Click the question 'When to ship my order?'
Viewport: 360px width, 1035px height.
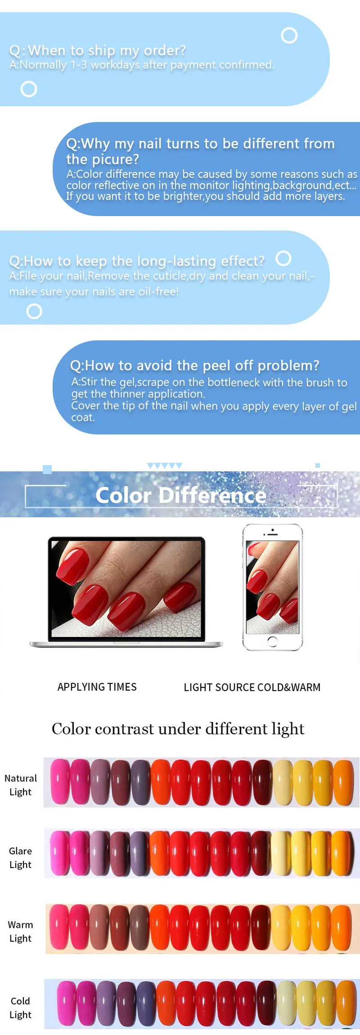(98, 50)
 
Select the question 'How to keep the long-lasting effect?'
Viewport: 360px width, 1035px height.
(137, 261)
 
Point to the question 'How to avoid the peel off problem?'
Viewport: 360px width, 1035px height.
(194, 365)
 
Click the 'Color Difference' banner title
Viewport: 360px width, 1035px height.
(181, 495)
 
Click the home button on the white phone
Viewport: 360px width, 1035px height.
(272, 642)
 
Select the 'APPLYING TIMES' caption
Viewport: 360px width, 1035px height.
(97, 687)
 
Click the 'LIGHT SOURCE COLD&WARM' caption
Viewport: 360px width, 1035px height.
(252, 687)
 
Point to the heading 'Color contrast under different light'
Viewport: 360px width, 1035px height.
(178, 728)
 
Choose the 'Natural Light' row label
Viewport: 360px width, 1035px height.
(21, 785)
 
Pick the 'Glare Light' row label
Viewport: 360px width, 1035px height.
(21, 858)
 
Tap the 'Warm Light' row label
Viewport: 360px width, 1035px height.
(21, 931)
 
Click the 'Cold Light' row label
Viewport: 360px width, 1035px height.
(21, 1008)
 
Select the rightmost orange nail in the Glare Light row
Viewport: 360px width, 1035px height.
(342, 853)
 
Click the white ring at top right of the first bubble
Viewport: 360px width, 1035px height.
(289, 36)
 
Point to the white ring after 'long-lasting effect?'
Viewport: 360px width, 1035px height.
(283, 258)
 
